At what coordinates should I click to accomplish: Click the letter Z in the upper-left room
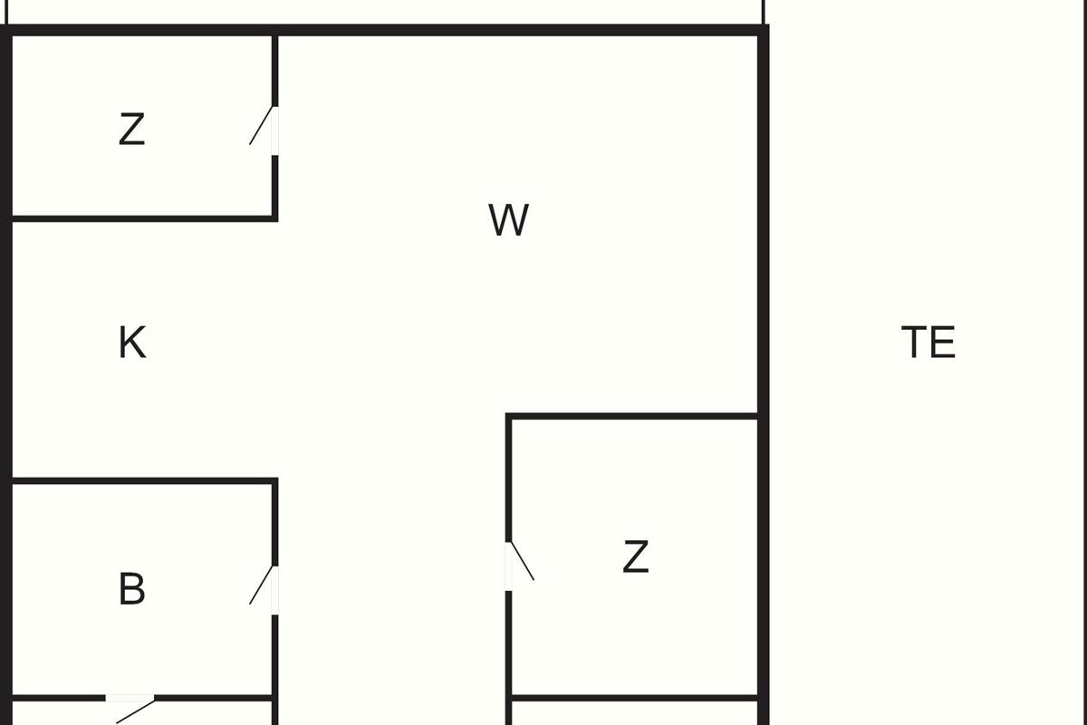[132, 130]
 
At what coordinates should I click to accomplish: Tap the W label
[508, 220]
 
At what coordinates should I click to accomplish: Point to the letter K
[132, 343]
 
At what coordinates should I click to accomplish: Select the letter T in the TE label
[915, 343]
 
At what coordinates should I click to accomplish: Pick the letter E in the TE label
[943, 343]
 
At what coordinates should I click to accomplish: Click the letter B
[132, 589]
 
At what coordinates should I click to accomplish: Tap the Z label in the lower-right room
[636, 556]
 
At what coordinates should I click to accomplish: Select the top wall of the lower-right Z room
[634, 416]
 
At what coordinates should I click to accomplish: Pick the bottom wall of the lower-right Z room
[634, 697]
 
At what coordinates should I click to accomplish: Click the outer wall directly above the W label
[508, 31]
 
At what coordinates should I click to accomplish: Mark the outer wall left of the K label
[6, 343]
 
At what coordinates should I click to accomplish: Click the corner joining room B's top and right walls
[274, 481]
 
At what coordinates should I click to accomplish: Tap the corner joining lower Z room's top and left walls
[510, 417]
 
